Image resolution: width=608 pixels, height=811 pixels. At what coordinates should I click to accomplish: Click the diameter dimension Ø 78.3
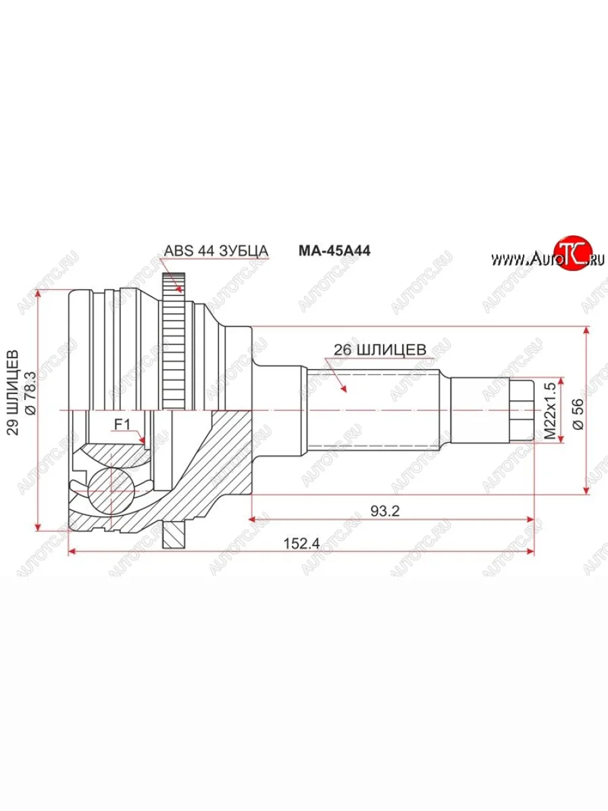(x=29, y=393)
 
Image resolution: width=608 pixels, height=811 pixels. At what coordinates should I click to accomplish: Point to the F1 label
(x=122, y=424)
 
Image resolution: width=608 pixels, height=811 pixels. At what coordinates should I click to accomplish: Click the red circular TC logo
(x=572, y=254)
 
